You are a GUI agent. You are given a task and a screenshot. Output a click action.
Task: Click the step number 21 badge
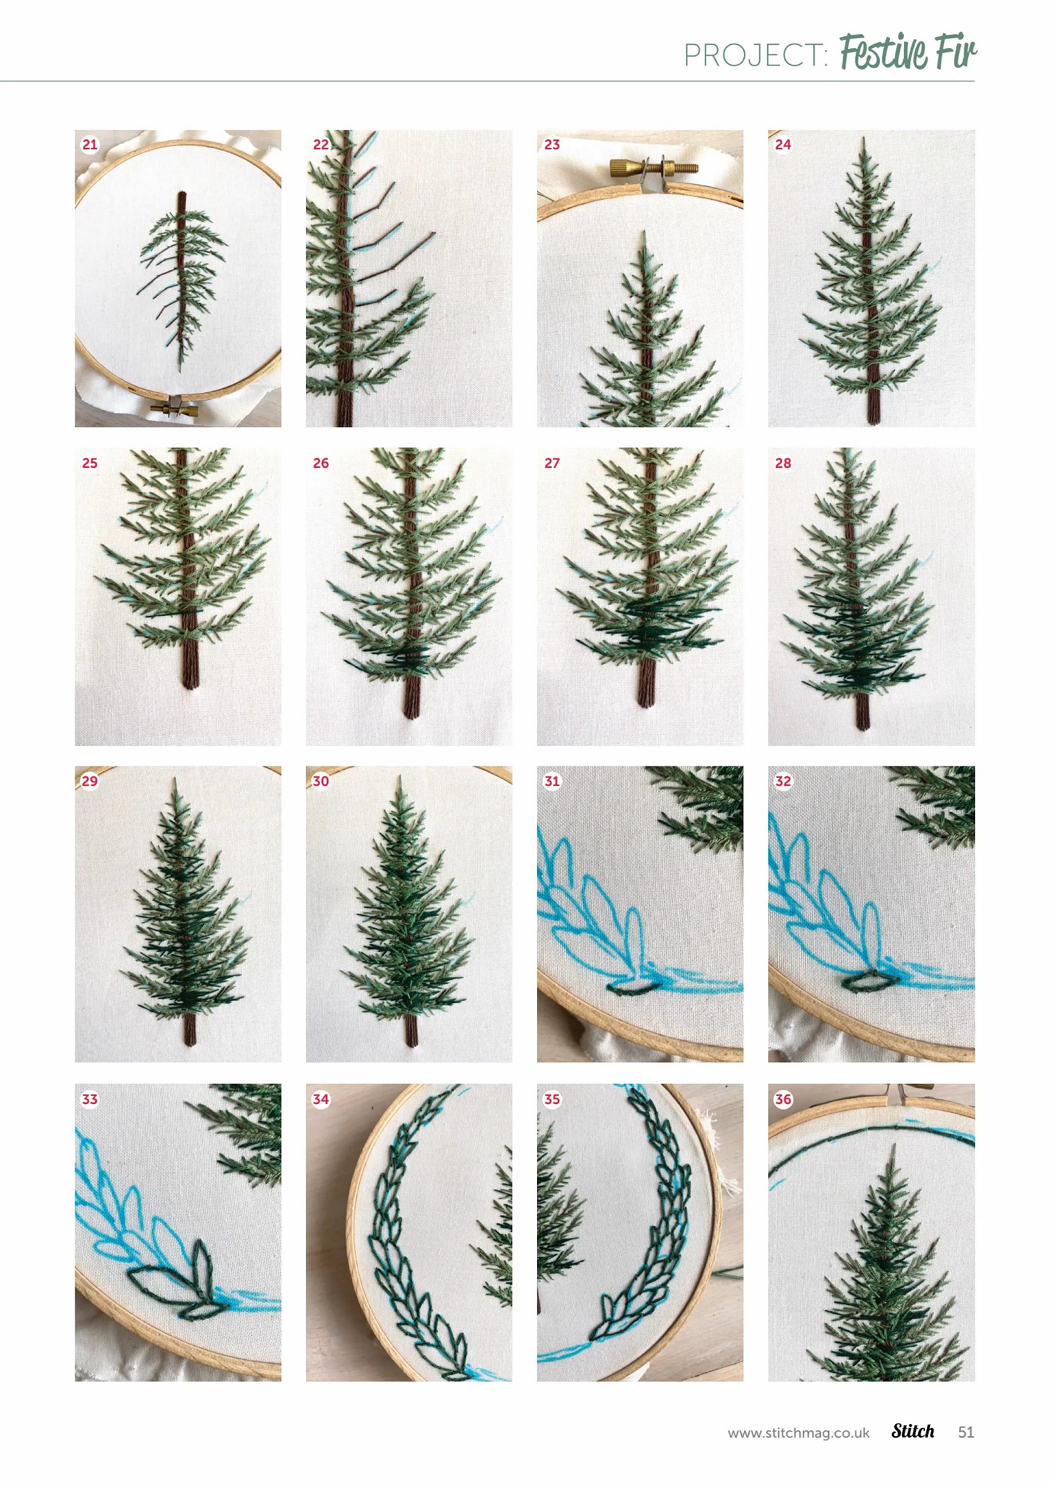click(x=90, y=144)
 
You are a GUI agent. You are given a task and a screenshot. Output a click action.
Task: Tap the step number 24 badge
click(x=783, y=144)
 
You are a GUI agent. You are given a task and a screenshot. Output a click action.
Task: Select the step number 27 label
click(x=552, y=463)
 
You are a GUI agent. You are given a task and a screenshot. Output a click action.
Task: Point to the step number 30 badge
click(x=321, y=782)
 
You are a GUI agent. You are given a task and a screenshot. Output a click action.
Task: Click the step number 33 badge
click(x=90, y=1099)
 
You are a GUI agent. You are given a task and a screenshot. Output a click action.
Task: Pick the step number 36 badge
click(x=783, y=1099)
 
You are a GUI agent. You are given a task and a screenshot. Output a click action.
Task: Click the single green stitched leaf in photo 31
click(x=635, y=987)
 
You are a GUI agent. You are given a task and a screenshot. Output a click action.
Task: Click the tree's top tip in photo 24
click(x=864, y=138)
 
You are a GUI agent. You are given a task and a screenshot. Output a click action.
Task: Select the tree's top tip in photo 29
click(x=175, y=780)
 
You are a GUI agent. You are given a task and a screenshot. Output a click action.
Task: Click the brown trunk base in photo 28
click(x=863, y=718)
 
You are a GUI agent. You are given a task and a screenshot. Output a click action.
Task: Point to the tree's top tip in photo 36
click(x=894, y=1145)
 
